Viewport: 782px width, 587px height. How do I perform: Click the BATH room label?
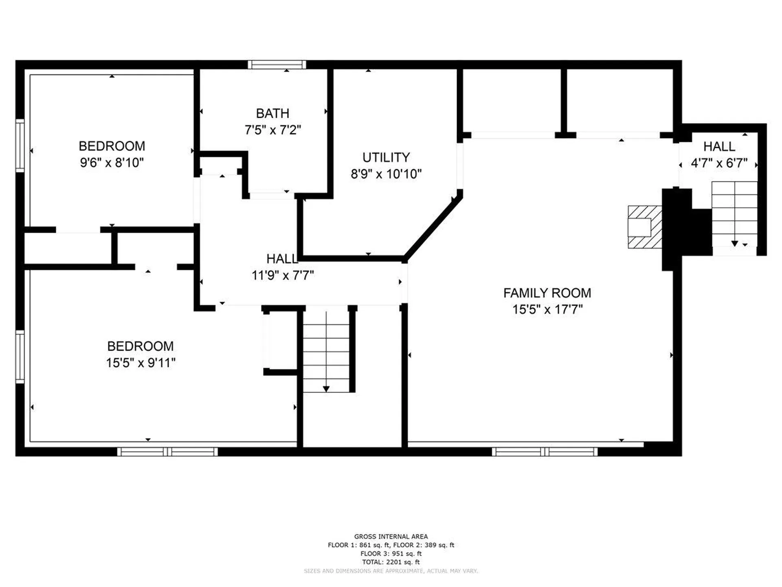point(272,113)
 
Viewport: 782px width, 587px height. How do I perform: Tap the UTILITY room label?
point(386,157)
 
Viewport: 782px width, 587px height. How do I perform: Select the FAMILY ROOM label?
point(547,293)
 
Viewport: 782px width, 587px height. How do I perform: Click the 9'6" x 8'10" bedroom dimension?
point(112,163)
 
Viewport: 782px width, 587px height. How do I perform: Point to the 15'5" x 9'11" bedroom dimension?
point(141,362)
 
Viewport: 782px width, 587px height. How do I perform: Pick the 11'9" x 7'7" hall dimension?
point(283,275)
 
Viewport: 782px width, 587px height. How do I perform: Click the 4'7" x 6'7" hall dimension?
point(719,163)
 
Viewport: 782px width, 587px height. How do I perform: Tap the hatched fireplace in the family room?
point(645,227)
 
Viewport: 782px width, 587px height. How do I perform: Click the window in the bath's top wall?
point(277,64)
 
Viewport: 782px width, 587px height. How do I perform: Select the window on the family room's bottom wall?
point(545,452)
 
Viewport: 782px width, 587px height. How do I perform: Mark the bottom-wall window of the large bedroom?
point(167,452)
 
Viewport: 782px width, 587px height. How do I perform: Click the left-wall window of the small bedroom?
point(20,146)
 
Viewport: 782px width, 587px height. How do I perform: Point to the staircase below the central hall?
point(326,352)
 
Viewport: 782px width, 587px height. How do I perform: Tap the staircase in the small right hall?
point(734,214)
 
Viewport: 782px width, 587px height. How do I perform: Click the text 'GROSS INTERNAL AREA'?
point(391,536)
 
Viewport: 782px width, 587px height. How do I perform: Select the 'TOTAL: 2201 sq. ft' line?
point(391,562)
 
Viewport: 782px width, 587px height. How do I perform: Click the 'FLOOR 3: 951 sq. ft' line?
point(391,554)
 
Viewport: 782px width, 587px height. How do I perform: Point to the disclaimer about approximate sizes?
point(391,571)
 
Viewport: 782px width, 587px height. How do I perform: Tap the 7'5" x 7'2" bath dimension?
point(273,130)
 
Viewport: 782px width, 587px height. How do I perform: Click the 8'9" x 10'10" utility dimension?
point(386,174)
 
